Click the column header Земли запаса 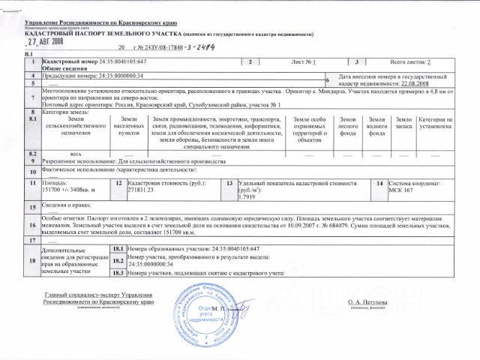[403, 124]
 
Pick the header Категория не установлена [434, 124]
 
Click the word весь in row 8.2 [76, 153]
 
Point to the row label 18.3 [117, 274]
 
